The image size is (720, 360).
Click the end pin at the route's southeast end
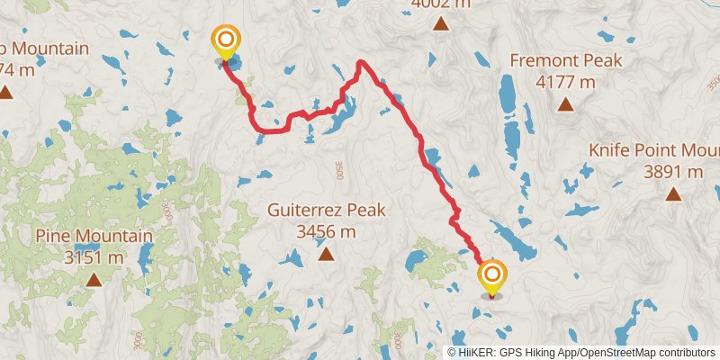492,275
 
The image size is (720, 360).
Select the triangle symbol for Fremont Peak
565,104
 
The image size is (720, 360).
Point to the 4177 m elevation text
565,82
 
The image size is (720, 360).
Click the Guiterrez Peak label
326,211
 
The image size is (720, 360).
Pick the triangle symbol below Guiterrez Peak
326,255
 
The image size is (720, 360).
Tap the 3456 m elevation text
326,232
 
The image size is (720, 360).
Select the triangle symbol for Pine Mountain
94,280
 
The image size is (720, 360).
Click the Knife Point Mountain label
653,149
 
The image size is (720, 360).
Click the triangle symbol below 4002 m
440,24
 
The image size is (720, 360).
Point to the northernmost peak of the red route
361,62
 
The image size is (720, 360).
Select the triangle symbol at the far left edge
5,92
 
